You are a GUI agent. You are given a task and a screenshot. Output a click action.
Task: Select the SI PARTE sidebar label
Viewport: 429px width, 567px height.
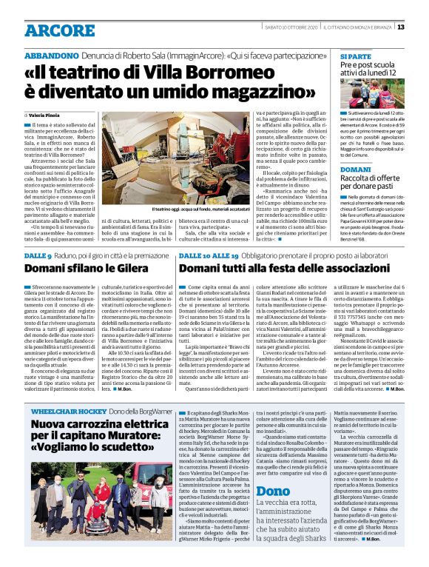tap(355, 56)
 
